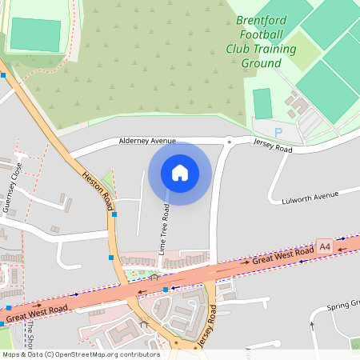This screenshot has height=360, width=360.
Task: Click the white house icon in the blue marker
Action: point(180,173)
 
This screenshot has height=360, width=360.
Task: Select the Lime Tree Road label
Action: point(164,230)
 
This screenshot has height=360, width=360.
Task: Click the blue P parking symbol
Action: point(278,132)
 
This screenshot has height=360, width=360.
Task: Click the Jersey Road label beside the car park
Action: point(274,145)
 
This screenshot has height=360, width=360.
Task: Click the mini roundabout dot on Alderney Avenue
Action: point(229,142)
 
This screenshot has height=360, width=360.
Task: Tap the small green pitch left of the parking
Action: point(262,103)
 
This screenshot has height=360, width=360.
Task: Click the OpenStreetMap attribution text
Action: point(80,354)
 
